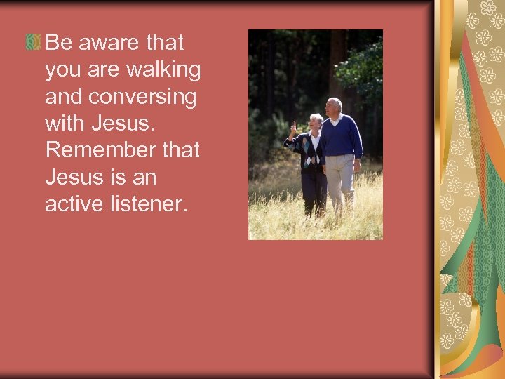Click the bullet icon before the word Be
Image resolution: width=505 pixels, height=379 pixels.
[x=33, y=44]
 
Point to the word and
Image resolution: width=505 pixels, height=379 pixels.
[x=62, y=97]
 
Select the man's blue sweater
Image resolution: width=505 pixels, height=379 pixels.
[x=341, y=137]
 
